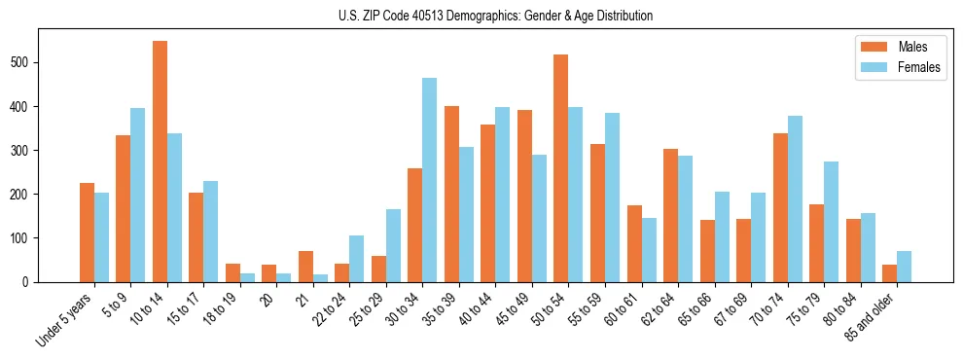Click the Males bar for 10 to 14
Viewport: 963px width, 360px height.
coord(160,162)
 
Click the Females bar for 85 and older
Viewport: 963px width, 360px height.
coord(904,267)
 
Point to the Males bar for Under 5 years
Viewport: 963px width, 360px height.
coord(87,233)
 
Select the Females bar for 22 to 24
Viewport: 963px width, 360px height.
coord(357,259)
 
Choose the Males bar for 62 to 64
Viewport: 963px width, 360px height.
coord(670,215)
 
